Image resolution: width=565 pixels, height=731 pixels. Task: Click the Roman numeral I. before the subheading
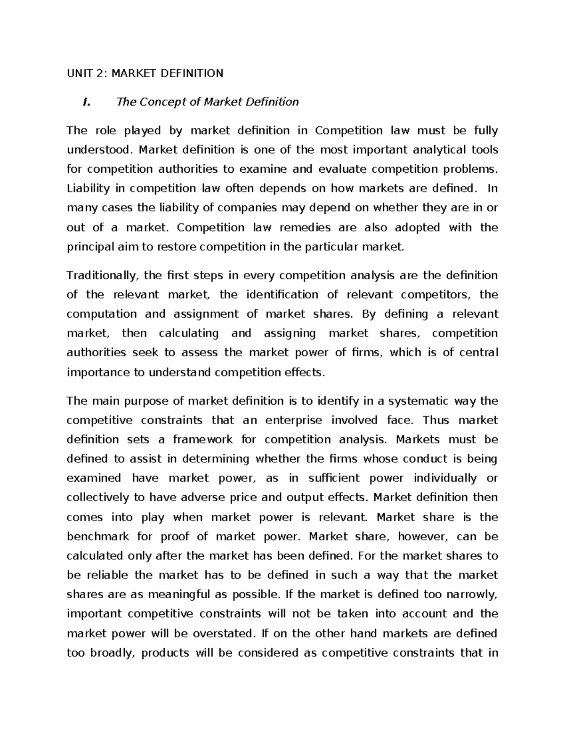(x=85, y=102)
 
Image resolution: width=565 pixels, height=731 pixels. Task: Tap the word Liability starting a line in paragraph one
(x=86, y=189)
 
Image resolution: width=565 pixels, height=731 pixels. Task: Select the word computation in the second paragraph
(x=102, y=314)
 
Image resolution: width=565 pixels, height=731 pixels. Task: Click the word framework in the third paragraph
(x=202, y=440)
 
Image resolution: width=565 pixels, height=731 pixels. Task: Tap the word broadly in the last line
(x=111, y=653)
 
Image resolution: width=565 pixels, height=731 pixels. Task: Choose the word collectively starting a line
(x=94, y=498)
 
